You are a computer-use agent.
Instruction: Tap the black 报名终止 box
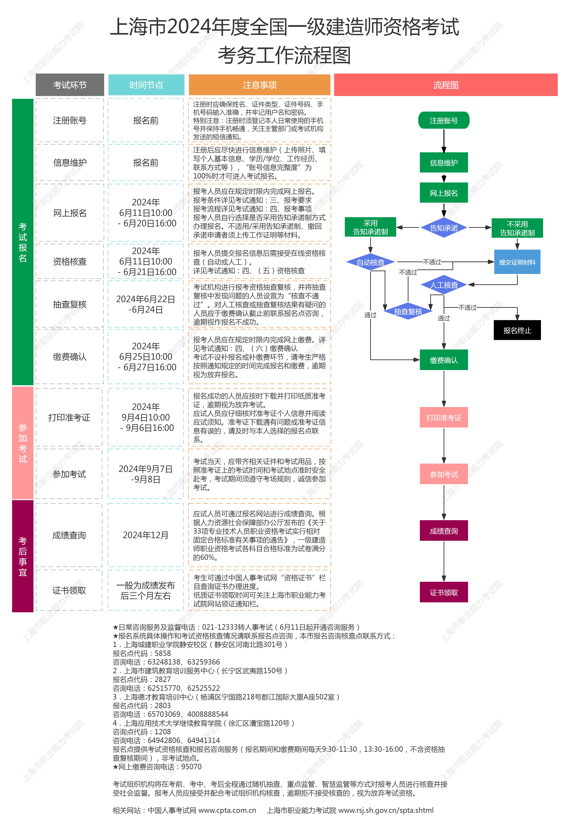pos(517,330)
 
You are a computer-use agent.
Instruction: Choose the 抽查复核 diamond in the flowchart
pos(408,311)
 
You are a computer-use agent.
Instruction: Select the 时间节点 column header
pos(146,85)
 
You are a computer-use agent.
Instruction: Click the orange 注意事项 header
pos(260,85)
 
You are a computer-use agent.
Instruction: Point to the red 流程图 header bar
pos(446,85)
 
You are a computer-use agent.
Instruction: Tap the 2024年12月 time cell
pos(146,535)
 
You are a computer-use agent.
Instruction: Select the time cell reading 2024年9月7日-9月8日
pos(146,474)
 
